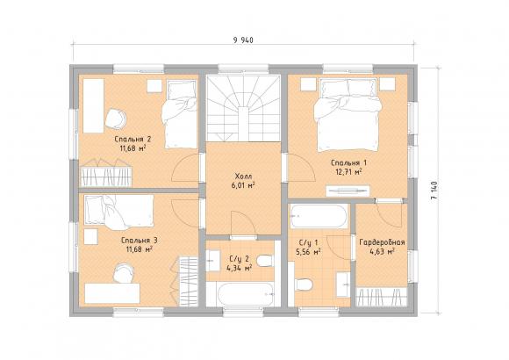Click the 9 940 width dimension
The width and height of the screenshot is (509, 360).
click(x=243, y=40)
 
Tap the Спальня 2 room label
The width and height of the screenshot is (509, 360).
click(x=133, y=140)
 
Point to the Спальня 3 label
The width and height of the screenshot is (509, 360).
click(x=140, y=241)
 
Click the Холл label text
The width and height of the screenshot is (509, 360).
click(x=243, y=176)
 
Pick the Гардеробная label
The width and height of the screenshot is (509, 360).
click(x=382, y=242)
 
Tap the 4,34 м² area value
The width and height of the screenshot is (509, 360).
click(x=240, y=269)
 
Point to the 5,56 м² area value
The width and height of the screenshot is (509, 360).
click(x=308, y=251)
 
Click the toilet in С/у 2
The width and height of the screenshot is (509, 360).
click(x=264, y=261)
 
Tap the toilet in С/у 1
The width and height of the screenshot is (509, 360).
click(x=304, y=285)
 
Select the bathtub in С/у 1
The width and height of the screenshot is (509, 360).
click(x=319, y=216)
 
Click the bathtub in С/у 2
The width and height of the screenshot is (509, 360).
click(x=243, y=294)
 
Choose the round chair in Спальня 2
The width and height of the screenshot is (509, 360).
click(x=116, y=119)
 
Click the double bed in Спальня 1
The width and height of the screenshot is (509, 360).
click(x=348, y=114)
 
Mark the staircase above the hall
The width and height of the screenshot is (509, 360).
click(x=243, y=108)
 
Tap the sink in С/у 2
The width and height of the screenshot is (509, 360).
click(x=213, y=260)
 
